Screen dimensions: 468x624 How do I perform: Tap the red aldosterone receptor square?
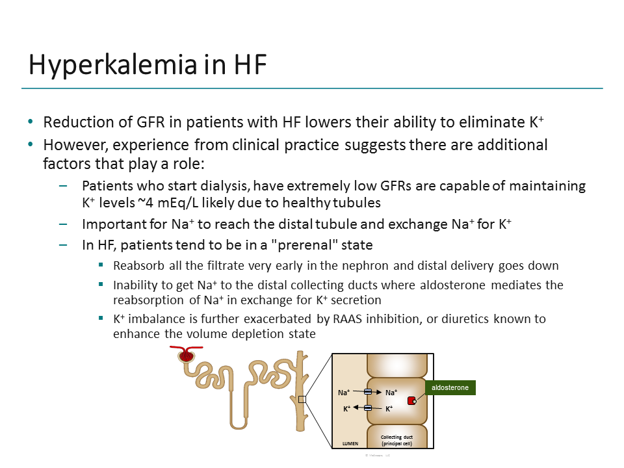tap(411, 400)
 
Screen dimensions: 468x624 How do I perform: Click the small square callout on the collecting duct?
tap(302, 399)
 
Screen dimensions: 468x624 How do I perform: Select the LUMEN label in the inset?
tap(350, 443)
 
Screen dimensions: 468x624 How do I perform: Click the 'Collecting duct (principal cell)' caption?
tap(396, 440)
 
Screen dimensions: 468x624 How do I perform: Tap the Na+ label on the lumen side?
tap(344, 393)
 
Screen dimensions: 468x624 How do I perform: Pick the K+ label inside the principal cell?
tap(389, 409)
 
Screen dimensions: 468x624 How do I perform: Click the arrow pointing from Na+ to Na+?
tap(368, 392)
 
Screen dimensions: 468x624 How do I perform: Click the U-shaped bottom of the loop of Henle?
tap(239, 425)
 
